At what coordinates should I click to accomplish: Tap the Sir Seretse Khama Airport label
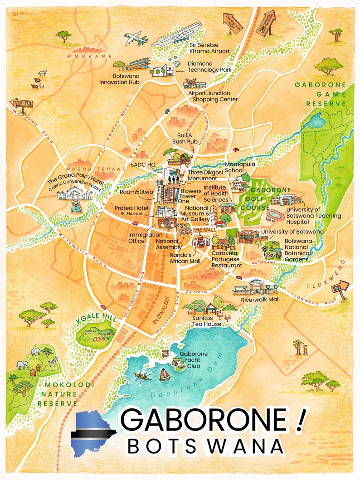pyautogui.click(x=209, y=48)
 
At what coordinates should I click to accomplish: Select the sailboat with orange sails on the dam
pyautogui.click(x=165, y=374)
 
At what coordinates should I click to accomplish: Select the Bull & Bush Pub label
pyautogui.click(x=185, y=138)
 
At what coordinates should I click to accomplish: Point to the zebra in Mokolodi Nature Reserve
pyautogui.click(x=53, y=361)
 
